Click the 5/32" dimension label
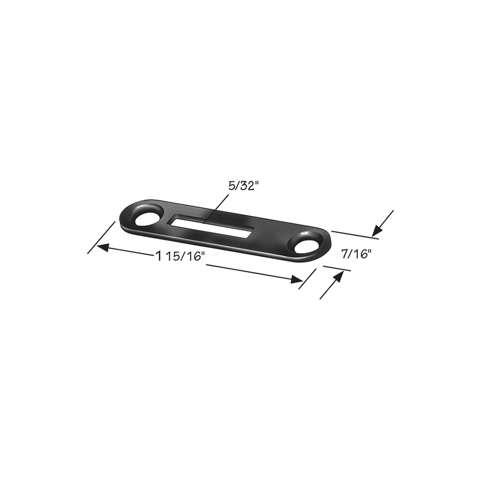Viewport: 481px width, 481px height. coord(242,186)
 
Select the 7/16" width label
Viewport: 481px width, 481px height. coord(356,253)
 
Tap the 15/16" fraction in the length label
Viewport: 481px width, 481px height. coord(185,256)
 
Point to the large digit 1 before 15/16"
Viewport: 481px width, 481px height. coord(158,255)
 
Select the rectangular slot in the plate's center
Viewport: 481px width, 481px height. coord(211,228)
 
